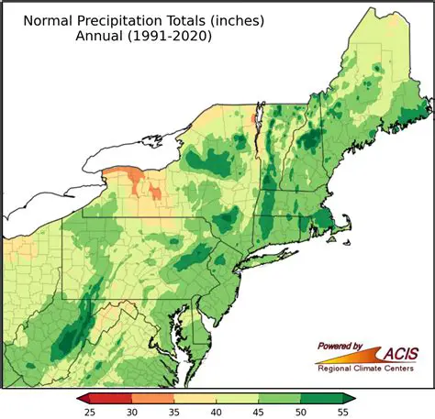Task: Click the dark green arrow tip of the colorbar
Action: click(349, 397)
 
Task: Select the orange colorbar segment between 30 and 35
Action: click(153, 397)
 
